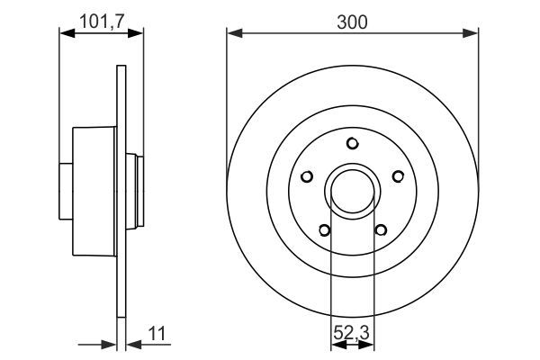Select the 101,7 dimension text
(101, 20)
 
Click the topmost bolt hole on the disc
(353, 142)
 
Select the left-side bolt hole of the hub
(307, 176)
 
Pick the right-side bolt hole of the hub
(399, 176)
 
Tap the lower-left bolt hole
(325, 229)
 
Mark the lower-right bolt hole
(381, 229)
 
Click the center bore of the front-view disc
(353, 190)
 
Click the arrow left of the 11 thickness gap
(109, 343)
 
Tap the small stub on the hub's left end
(66, 190)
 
